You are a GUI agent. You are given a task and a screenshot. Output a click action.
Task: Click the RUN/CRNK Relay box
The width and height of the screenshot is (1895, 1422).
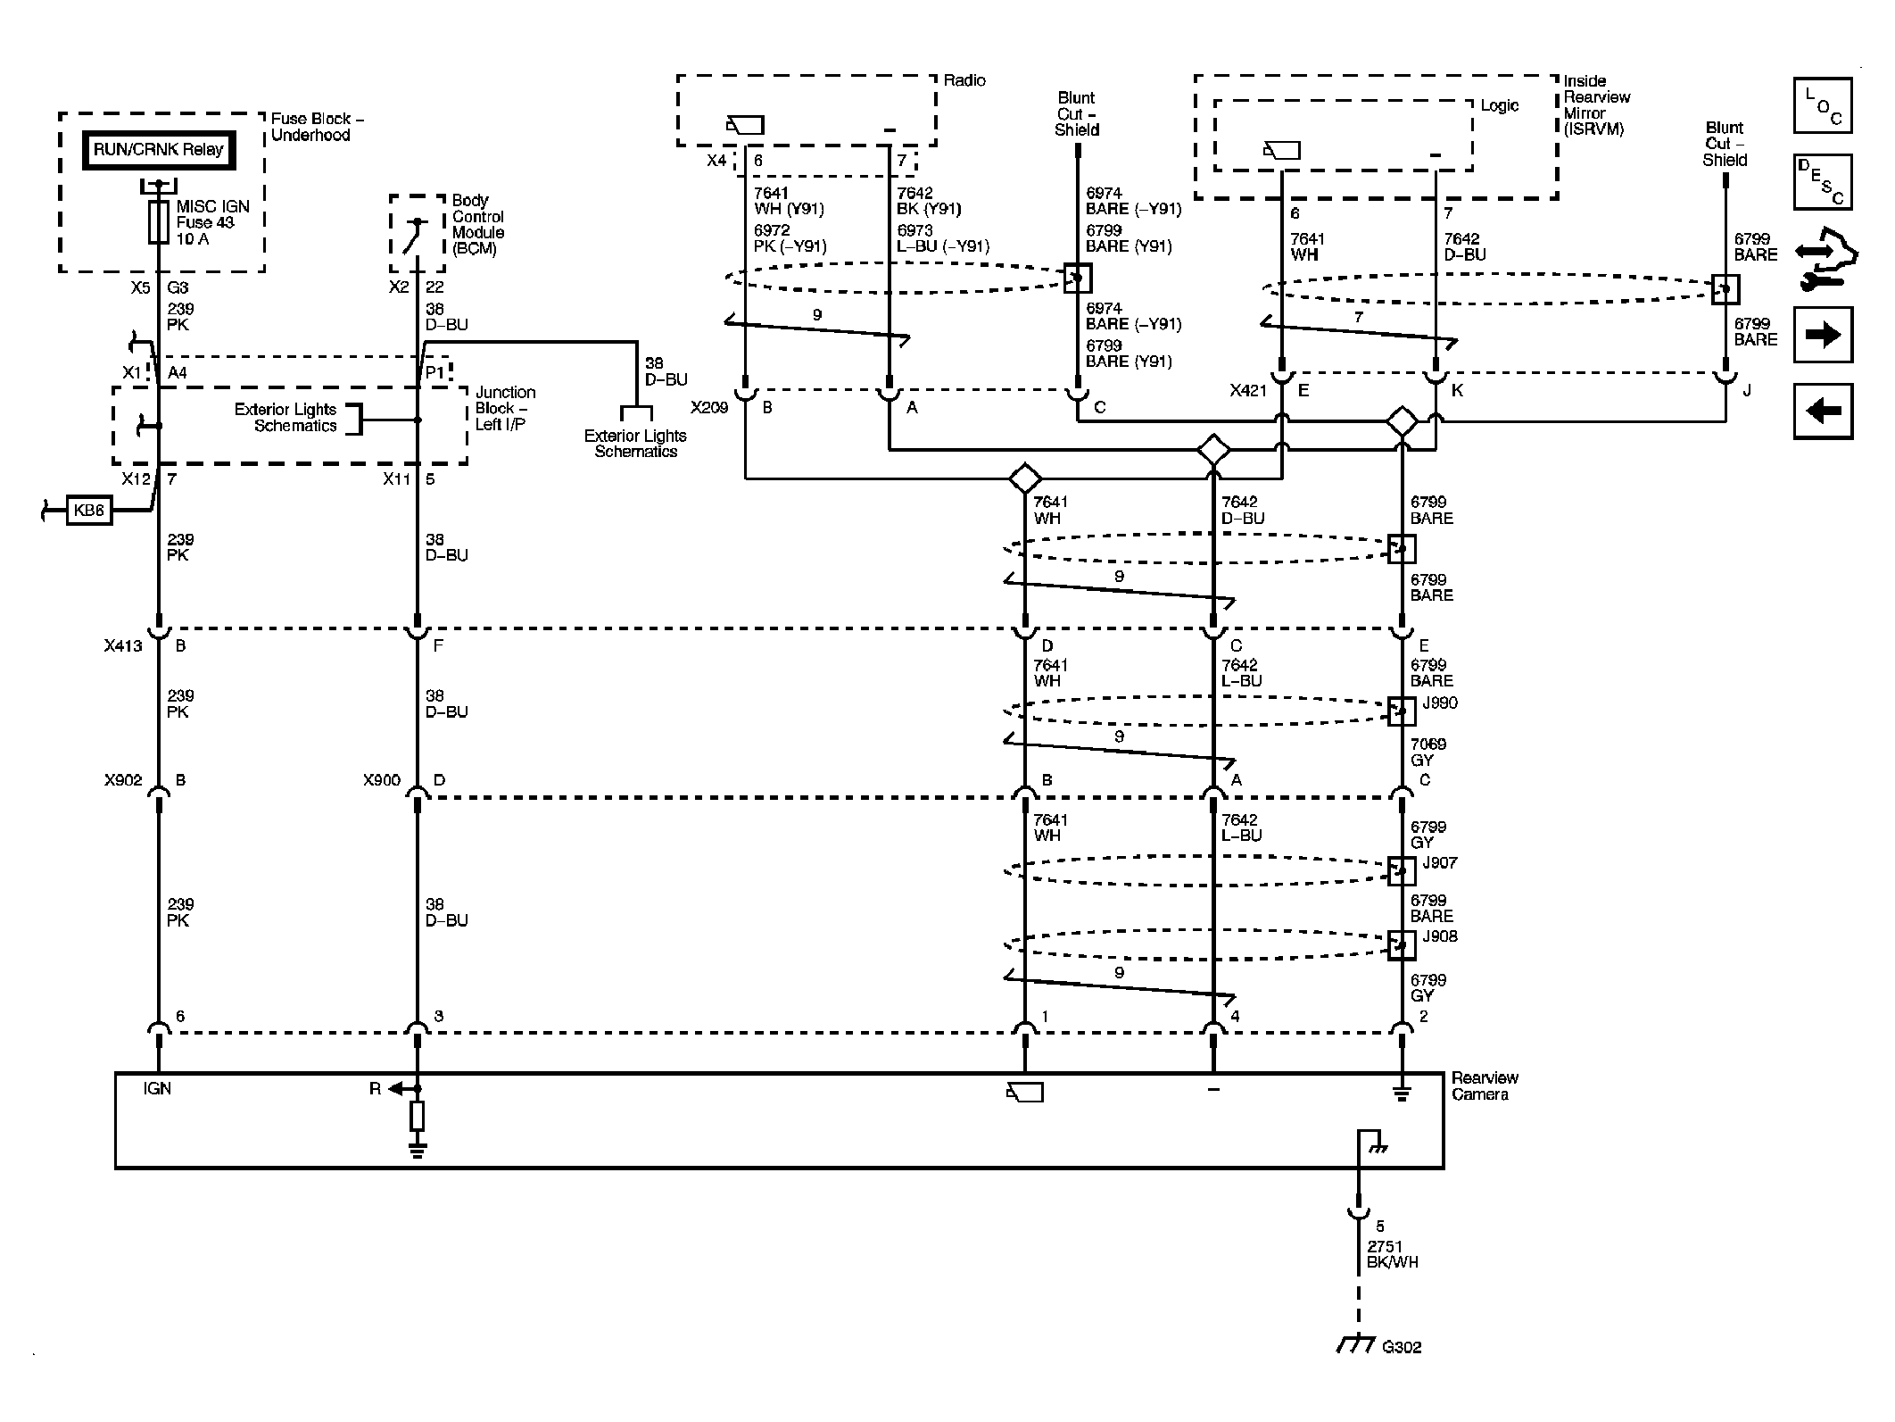tap(159, 150)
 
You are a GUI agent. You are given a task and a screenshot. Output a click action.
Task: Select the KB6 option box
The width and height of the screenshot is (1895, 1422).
tap(89, 511)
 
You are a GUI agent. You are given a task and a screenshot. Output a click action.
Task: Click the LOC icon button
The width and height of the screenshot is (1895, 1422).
tap(1823, 106)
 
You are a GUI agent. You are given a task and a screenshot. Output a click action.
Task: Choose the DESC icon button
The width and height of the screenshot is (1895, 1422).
tap(1823, 182)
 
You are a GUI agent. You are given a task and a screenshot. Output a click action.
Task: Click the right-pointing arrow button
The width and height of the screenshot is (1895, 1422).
tap(1823, 335)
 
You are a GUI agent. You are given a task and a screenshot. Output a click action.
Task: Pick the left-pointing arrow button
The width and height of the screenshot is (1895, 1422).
tap(1823, 411)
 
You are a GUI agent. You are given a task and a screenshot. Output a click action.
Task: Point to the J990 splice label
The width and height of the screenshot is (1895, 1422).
tap(1439, 703)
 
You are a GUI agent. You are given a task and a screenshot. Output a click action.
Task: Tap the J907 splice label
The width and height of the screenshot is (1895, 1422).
tap(1439, 863)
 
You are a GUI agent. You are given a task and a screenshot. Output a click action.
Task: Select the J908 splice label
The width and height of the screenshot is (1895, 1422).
tap(1439, 936)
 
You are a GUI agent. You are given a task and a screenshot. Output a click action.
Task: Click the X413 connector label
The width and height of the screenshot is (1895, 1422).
tap(123, 646)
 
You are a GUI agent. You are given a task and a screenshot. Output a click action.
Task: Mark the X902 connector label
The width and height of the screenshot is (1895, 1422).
tap(123, 780)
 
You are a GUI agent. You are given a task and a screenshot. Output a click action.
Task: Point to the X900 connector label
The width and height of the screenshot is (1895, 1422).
tap(382, 780)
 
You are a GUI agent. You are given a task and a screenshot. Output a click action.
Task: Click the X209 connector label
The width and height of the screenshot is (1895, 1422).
tap(709, 408)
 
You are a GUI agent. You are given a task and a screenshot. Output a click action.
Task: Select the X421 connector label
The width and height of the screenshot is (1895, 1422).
tap(1248, 391)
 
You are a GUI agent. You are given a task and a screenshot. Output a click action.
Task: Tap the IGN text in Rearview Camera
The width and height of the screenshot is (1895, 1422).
tap(157, 1089)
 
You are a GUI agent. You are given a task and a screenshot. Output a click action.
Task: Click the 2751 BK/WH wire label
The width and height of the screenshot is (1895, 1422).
tap(1392, 1254)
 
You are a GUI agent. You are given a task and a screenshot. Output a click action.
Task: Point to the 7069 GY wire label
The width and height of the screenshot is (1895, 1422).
tap(1427, 753)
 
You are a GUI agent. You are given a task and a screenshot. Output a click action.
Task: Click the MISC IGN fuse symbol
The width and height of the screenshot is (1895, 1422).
tap(159, 222)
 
